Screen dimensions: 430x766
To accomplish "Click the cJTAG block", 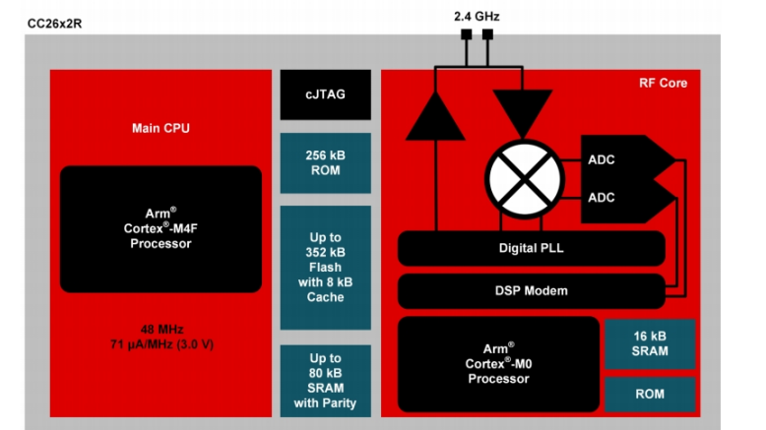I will click(325, 95).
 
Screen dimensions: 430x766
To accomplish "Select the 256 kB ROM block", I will click(325, 162).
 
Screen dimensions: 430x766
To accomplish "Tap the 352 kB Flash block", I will click(325, 268).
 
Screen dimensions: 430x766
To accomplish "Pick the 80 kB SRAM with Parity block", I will click(325, 379).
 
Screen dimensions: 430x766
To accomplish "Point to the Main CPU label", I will click(160, 128).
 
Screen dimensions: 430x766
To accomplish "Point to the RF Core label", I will click(662, 84).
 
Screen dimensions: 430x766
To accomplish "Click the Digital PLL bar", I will click(533, 249).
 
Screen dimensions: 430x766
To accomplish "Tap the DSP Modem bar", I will click(531, 290).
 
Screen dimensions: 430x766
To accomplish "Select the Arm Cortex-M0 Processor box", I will click(498, 364).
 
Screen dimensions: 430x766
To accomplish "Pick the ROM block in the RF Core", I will click(649, 395).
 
